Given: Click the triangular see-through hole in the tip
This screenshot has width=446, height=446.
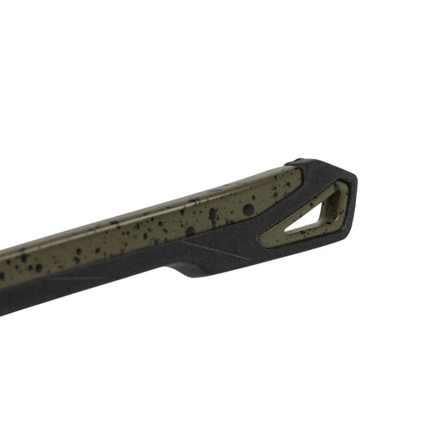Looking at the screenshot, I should click(313, 218).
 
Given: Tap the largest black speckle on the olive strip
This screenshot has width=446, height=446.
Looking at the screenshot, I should click(248, 209).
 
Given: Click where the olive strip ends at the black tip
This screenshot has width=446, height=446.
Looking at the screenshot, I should click(297, 179).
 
